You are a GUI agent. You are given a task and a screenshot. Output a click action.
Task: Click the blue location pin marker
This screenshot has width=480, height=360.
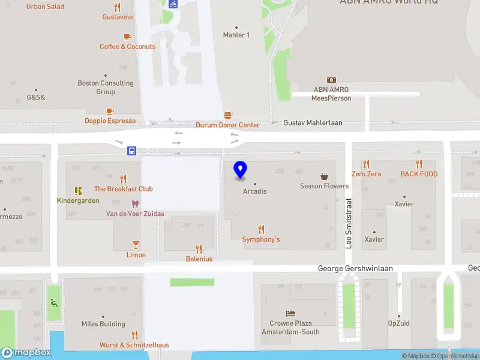241,170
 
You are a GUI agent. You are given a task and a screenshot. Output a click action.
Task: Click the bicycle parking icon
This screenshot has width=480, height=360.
173,4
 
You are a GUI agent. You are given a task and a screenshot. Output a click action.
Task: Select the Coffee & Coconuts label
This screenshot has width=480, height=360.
127,46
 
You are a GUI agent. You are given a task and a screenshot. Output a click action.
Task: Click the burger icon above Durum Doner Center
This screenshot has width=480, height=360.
228,115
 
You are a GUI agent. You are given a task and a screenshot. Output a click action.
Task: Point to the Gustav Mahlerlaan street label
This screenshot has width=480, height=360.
313,122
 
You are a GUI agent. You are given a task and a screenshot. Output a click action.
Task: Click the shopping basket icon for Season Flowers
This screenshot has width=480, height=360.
325,176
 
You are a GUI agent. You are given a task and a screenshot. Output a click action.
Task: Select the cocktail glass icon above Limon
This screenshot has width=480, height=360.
136,245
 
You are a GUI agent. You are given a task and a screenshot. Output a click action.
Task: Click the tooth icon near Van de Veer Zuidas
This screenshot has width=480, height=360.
136,204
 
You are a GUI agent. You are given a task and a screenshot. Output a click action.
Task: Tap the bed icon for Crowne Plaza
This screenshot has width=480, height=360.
290,314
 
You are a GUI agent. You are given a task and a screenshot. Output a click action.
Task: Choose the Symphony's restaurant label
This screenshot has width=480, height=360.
261,239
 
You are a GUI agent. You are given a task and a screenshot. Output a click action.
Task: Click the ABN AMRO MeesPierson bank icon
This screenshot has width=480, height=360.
331,80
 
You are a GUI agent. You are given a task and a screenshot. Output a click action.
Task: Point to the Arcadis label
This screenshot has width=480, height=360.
254,191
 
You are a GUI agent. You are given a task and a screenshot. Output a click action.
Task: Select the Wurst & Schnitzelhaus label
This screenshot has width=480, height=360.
134,345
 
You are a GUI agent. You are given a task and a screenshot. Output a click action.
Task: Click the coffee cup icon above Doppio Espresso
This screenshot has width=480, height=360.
110,111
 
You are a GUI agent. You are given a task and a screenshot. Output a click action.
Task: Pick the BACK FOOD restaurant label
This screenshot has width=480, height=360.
419,174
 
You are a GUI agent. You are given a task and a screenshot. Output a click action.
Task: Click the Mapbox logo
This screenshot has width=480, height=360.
26,353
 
